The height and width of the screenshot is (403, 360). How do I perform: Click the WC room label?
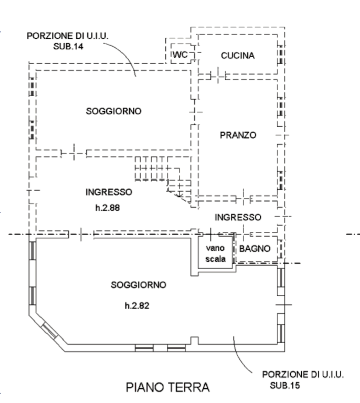[x=178, y=55]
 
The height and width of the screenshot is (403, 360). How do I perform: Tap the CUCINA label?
[x=238, y=56]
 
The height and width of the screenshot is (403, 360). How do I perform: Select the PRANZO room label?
[x=238, y=135]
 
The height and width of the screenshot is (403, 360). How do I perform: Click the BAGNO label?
[x=255, y=248]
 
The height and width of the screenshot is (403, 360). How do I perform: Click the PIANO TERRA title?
[x=168, y=388]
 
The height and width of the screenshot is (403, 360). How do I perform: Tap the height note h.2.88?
[x=108, y=208]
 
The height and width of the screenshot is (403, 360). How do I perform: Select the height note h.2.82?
[x=137, y=305]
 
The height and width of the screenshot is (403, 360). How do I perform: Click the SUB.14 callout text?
[x=68, y=46]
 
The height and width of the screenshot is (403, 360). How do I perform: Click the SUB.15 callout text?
[x=285, y=386]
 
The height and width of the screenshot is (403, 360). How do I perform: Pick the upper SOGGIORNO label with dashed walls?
[x=114, y=111]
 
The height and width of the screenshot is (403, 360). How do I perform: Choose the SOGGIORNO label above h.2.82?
[x=139, y=285]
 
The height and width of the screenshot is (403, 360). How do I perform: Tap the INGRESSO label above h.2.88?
[x=109, y=192]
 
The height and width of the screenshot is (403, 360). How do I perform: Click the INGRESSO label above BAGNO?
[x=238, y=217]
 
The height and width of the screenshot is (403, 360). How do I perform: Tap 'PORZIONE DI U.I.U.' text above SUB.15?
[x=303, y=375]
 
